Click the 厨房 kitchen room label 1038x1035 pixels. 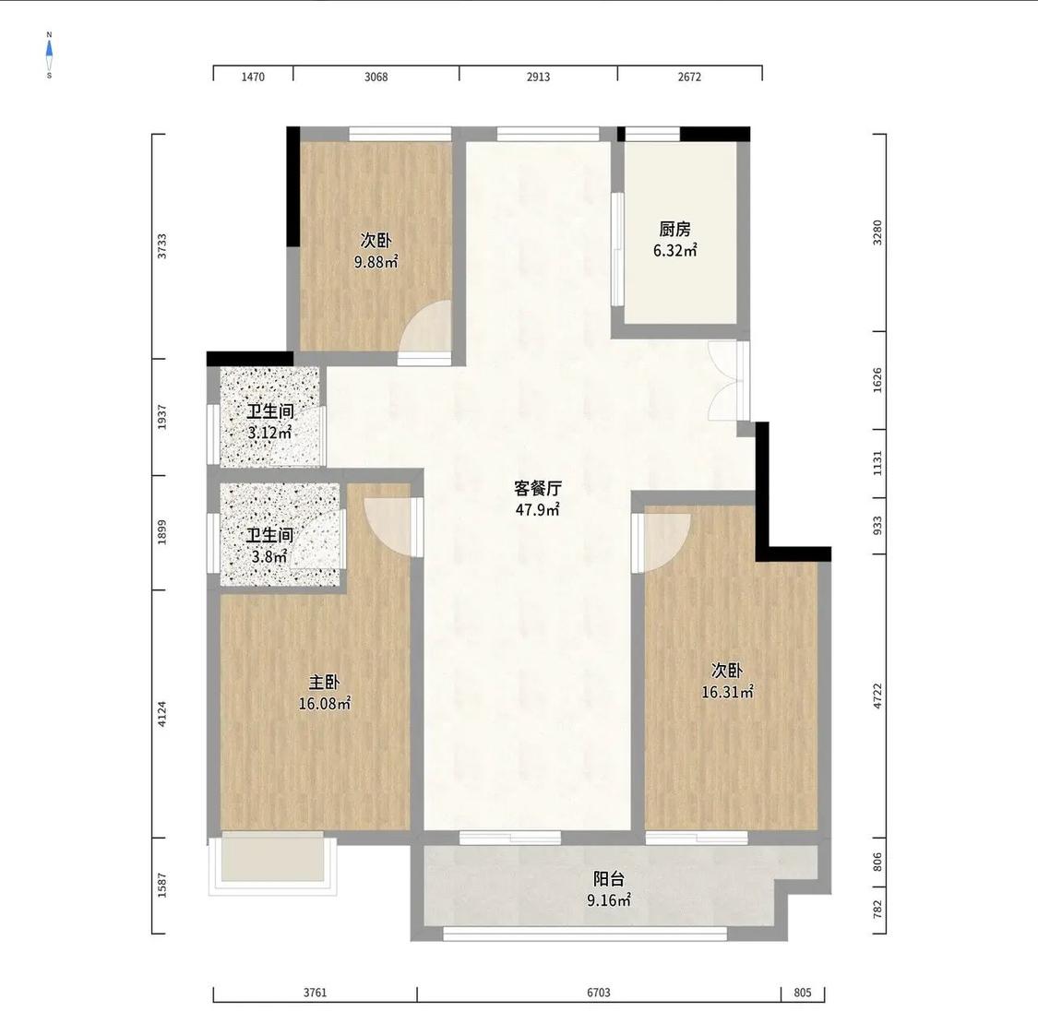click(674, 229)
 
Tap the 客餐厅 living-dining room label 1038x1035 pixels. click(538, 488)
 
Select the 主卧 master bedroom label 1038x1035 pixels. click(325, 682)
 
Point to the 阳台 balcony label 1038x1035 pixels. click(608, 879)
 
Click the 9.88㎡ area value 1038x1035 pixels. click(376, 262)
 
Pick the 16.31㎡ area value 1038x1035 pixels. click(728, 692)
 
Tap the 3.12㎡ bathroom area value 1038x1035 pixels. click(269, 434)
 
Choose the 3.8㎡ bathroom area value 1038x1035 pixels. click(269, 556)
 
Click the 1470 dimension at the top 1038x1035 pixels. click(253, 77)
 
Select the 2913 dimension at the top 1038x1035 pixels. click(538, 77)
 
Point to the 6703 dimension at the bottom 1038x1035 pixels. click(599, 993)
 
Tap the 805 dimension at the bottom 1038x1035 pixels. click(803, 993)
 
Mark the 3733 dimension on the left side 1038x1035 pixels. click(162, 246)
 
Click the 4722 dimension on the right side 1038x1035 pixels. click(877, 696)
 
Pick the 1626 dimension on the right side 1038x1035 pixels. click(877, 380)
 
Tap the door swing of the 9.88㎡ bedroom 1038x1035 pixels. click(426, 328)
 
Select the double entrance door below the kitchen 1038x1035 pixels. click(726, 380)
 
